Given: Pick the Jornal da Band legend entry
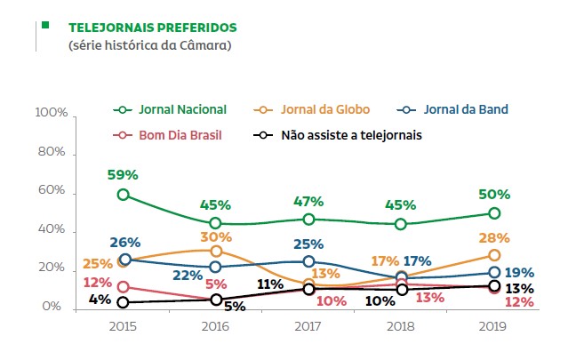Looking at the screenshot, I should tap(466, 108).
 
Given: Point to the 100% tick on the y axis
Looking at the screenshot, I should tap(51, 115).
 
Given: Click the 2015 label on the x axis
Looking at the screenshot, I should tap(123, 327).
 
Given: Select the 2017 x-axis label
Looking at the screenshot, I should tap(308, 327).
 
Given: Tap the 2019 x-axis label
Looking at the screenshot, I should tap(493, 327).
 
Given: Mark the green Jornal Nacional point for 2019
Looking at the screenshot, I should tap(494, 213).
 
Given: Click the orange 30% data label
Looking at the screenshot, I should tap(216, 236).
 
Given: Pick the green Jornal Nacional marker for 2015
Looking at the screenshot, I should tap(124, 195).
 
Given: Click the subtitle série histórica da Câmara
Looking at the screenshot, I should tap(149, 44).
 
